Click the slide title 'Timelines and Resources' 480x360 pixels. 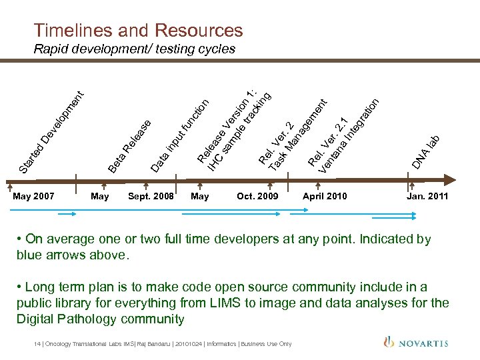138,30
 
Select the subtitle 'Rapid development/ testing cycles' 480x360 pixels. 134,49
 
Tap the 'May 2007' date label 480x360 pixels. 34,196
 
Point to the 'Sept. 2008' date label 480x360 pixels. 151,196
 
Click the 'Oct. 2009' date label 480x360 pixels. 257,196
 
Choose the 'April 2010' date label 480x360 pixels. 325,196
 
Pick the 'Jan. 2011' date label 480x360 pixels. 427,196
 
